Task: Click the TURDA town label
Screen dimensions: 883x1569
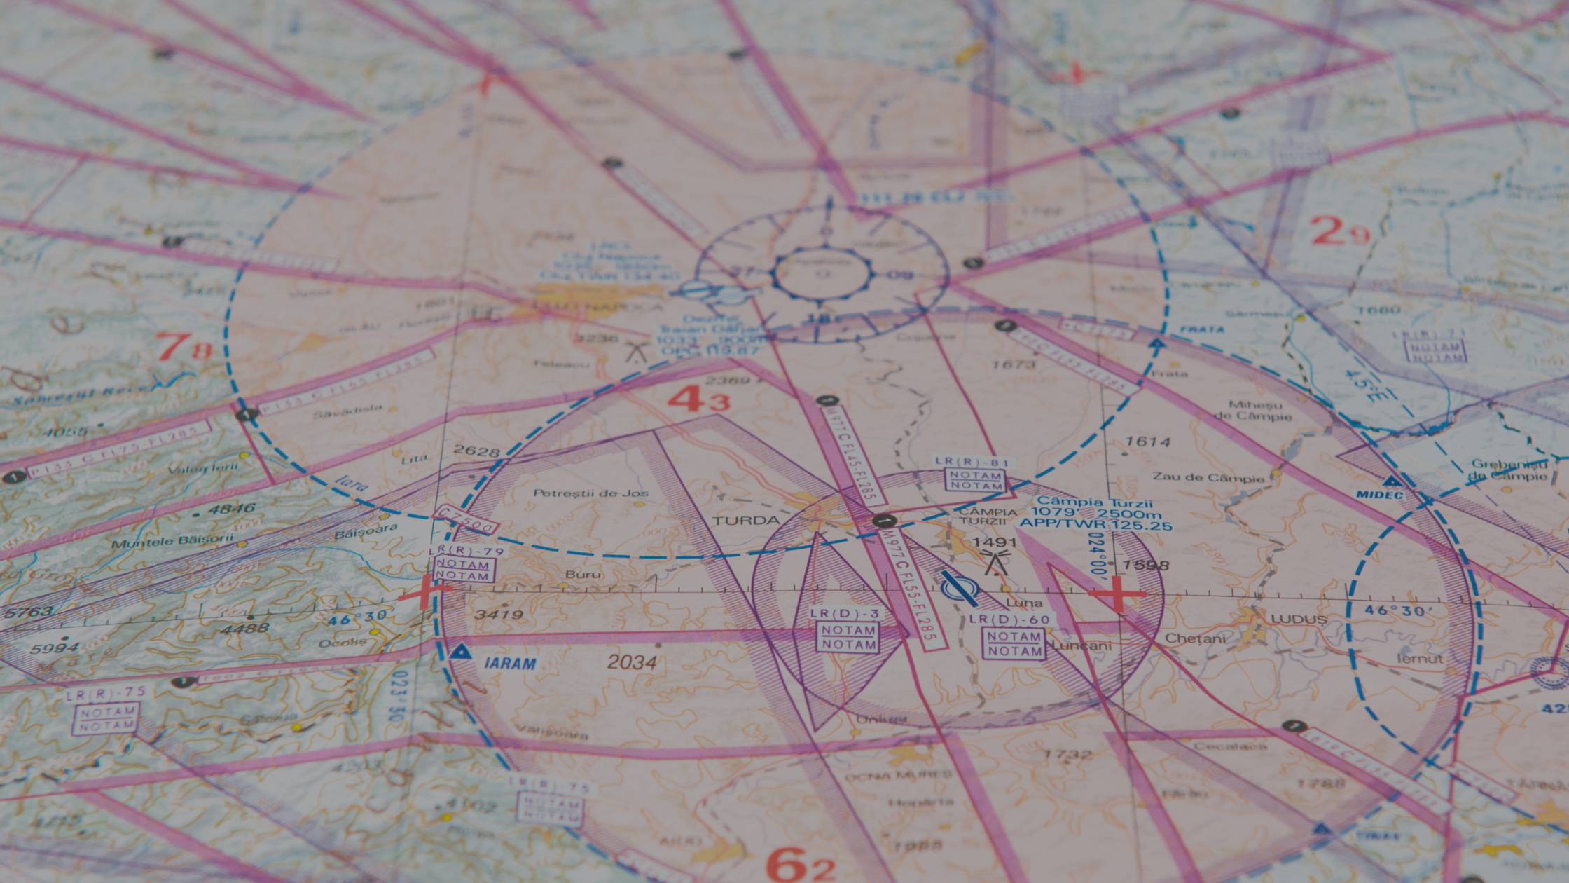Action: pyautogui.click(x=746, y=520)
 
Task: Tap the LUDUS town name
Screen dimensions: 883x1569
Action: pyautogui.click(x=1299, y=620)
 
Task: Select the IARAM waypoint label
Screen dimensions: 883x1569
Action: pyautogui.click(x=510, y=663)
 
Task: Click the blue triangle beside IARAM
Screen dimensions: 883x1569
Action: pyautogui.click(x=459, y=652)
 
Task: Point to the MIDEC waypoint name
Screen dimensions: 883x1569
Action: pyautogui.click(x=1379, y=495)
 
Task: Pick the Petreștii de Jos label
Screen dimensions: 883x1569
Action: pyautogui.click(x=590, y=493)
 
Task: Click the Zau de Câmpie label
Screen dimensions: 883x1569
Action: pyautogui.click(x=1208, y=477)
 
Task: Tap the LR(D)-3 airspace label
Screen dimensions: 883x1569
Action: pyautogui.click(x=844, y=613)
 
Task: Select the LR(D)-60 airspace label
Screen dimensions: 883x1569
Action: pyautogui.click(x=1009, y=620)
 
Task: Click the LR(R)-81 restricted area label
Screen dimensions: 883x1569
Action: pyautogui.click(x=972, y=462)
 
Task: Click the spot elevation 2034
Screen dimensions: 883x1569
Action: pyautogui.click(x=632, y=662)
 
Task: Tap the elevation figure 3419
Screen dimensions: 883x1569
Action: pyautogui.click(x=499, y=615)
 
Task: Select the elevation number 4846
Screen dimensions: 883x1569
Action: pyautogui.click(x=230, y=509)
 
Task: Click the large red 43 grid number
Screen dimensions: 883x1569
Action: pyautogui.click(x=698, y=399)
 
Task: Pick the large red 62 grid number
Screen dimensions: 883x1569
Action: pyautogui.click(x=799, y=865)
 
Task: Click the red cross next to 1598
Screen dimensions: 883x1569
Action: pyautogui.click(x=1117, y=594)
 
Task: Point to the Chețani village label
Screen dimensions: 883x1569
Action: pyautogui.click(x=1195, y=638)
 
